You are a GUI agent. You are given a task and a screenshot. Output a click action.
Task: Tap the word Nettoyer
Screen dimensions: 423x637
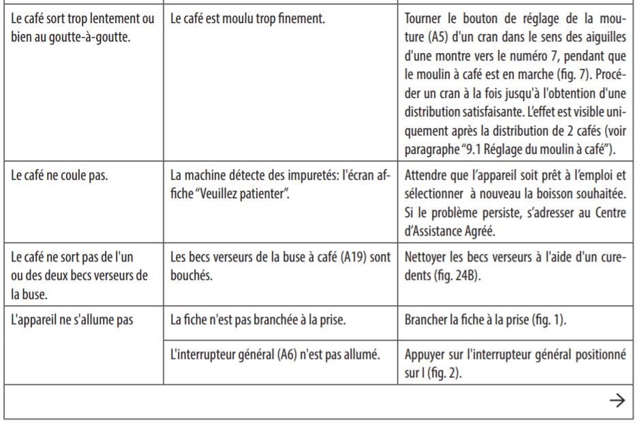pos(426,259)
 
